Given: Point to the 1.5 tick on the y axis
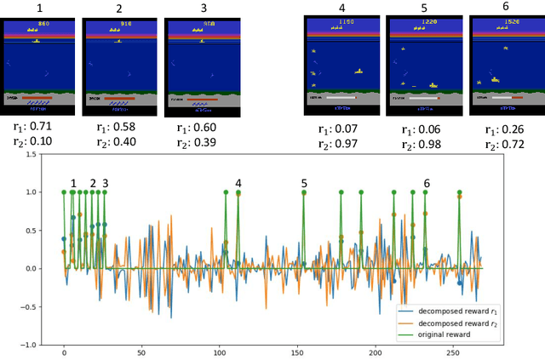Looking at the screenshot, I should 32,154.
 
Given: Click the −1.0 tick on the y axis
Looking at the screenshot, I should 30,346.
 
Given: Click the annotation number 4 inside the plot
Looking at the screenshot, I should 238,183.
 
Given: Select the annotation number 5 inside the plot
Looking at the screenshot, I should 304,183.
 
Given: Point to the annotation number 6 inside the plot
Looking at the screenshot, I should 427,183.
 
